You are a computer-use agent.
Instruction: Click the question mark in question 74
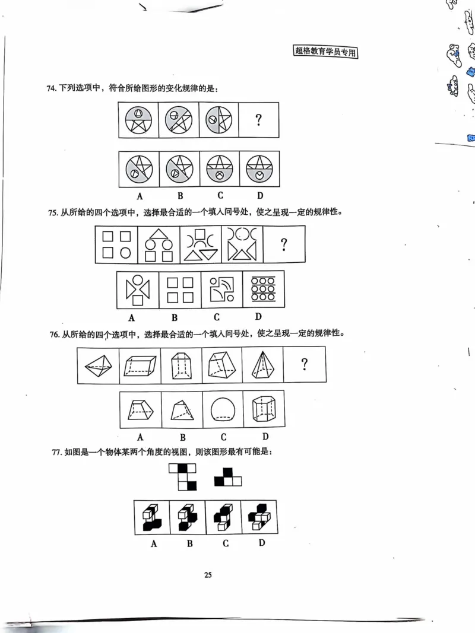coord(258,120)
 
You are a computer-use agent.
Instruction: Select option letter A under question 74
coord(140,195)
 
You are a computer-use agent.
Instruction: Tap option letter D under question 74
coord(259,195)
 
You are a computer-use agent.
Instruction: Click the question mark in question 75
coord(284,244)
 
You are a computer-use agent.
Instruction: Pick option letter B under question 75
coord(179,316)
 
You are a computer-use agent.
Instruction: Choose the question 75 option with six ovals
coord(263,289)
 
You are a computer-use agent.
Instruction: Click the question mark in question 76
coord(305,364)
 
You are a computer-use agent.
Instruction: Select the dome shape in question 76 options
coord(223,409)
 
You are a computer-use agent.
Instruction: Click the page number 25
coord(208,574)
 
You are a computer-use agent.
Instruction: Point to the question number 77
coord(58,453)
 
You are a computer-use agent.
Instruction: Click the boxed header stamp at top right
coord(327,52)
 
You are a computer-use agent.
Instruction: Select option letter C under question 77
coord(225,543)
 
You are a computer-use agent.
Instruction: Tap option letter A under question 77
coord(153,543)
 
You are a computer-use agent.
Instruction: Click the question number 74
coord(51,88)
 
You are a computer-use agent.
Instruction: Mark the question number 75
coord(51,212)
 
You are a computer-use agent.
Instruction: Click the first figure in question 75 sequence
coord(116,244)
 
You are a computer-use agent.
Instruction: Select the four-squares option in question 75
coord(179,290)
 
